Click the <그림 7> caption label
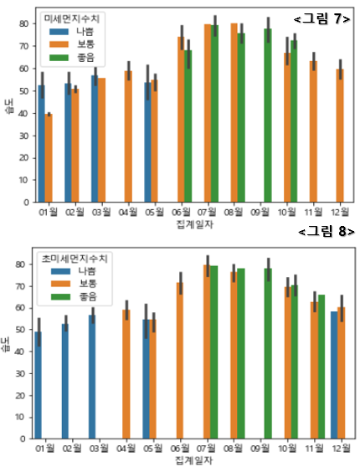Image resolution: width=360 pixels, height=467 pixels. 321,18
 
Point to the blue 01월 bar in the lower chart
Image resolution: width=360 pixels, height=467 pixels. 39,385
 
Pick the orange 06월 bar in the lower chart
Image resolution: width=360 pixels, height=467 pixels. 179,360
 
